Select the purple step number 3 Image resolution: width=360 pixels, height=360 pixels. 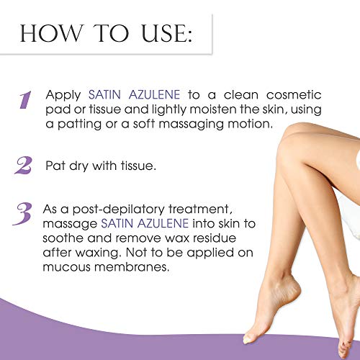(26, 214)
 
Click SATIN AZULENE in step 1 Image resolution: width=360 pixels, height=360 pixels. (134, 95)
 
